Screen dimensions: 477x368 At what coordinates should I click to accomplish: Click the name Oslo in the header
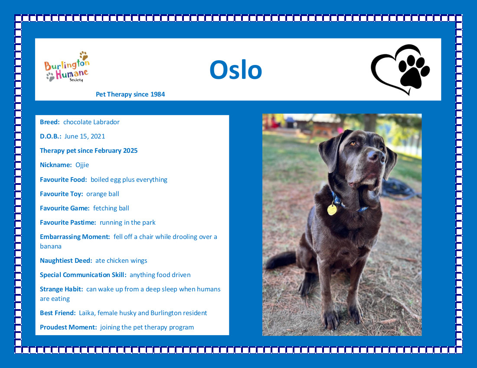[x=236, y=70]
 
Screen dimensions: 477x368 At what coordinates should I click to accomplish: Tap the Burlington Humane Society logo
[x=67, y=67]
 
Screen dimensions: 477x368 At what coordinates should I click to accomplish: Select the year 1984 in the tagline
[x=157, y=94]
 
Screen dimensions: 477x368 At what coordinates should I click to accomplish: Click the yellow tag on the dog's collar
[x=332, y=210]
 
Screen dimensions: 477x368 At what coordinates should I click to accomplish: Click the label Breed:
[x=50, y=122]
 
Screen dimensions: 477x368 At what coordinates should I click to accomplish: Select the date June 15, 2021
[x=85, y=137]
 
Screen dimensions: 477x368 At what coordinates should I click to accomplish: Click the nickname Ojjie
[x=82, y=165]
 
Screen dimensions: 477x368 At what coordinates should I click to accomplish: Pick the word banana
[x=50, y=246]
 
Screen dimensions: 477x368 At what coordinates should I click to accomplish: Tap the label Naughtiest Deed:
[x=66, y=261]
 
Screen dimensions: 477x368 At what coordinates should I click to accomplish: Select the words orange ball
[x=102, y=194]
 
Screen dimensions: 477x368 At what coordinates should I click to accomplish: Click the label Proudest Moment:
[x=69, y=327]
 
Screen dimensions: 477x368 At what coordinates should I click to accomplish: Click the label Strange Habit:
[x=62, y=289]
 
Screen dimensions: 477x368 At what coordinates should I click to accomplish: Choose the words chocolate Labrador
[x=91, y=122]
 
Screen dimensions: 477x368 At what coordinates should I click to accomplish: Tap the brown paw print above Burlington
[x=84, y=55]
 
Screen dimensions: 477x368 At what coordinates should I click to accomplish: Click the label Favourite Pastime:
[x=68, y=223]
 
